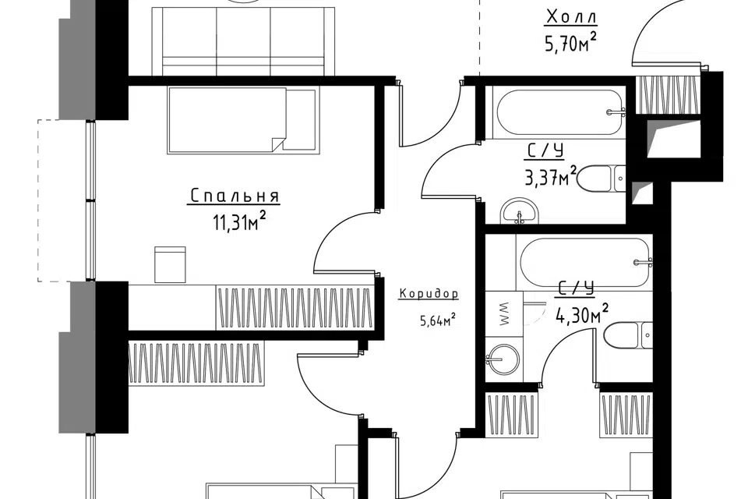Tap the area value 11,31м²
pos(238,221)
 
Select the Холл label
pos(570,18)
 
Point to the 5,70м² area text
pos(570,44)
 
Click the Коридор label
pos(429,294)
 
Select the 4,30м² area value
pos(582,313)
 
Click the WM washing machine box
pos(504,313)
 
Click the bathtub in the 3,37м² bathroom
pos(560,112)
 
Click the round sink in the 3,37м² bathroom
pos(520,211)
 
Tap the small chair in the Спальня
pos(170,264)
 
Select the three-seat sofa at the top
pos(244,41)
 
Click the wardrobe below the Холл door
pos(668,94)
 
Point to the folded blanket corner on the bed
pos(278,145)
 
